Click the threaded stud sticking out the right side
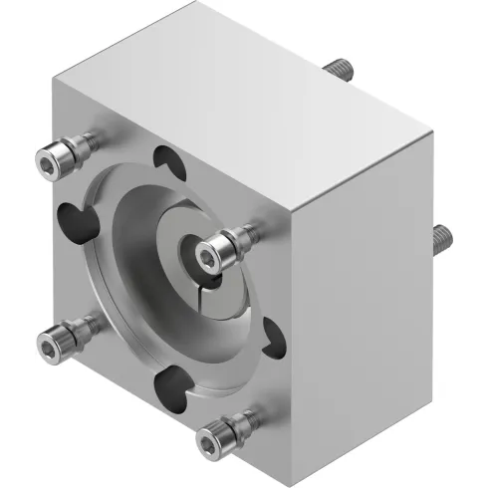pos(442,236)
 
